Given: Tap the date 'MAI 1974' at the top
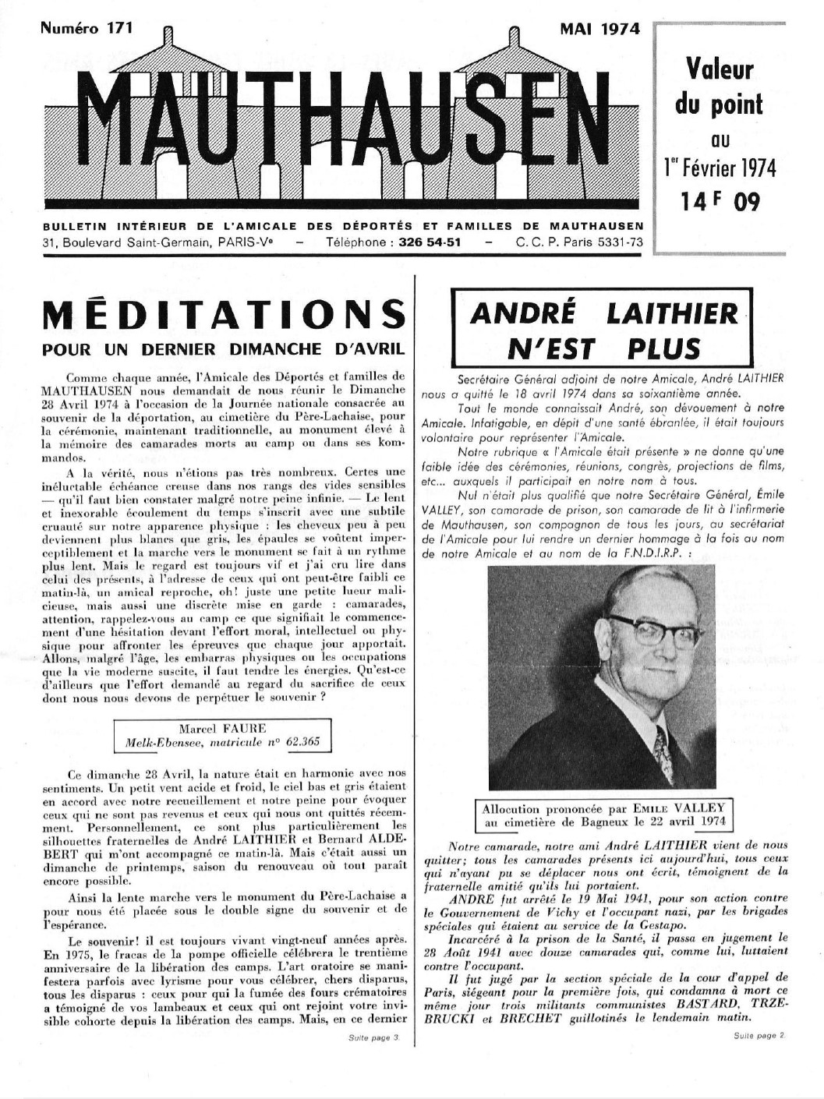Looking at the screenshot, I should pyautogui.click(x=599, y=30).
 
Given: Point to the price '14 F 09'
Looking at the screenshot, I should pyautogui.click(x=719, y=202).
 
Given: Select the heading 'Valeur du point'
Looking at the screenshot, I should pyautogui.click(x=719, y=86).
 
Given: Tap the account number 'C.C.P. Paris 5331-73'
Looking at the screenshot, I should pyautogui.click(x=579, y=242).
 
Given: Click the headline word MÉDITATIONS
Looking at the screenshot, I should pyautogui.click(x=225, y=315).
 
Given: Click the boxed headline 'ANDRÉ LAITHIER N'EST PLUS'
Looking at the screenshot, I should pyautogui.click(x=603, y=330).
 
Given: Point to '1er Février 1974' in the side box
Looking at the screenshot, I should pyautogui.click(x=720, y=168).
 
